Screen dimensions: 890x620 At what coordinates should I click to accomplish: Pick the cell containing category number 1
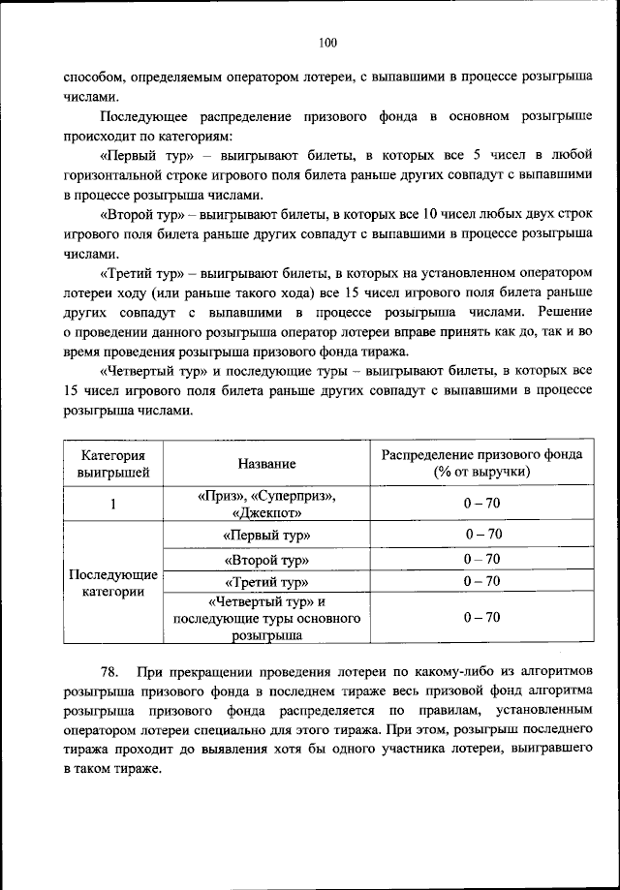pyautogui.click(x=112, y=504)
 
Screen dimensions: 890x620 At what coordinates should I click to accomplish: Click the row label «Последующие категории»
pyautogui.click(x=112, y=584)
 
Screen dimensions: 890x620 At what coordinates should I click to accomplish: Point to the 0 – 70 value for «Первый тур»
pyautogui.click(x=481, y=535)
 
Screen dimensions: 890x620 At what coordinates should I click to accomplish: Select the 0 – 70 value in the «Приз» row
pyautogui.click(x=481, y=504)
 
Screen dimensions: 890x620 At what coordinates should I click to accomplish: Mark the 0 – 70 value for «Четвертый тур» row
pyautogui.click(x=481, y=617)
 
